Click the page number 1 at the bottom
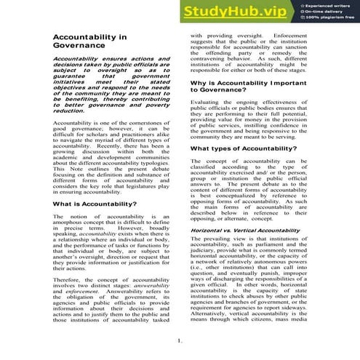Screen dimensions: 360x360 coord(179,340)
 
